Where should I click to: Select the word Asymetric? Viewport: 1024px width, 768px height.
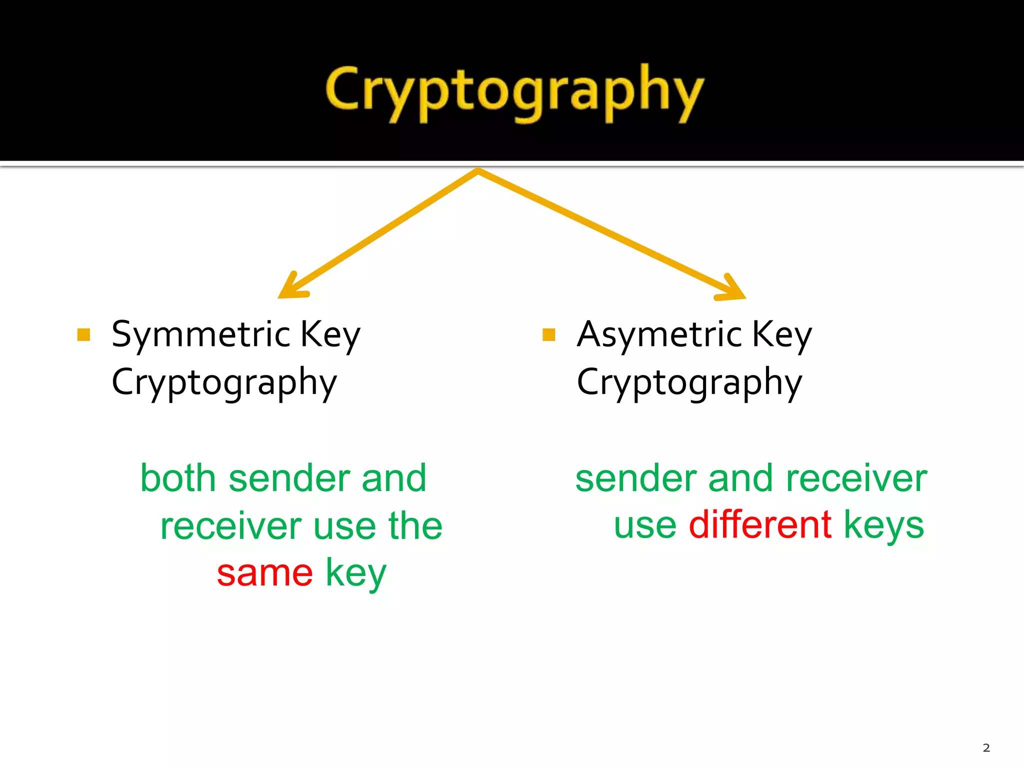tap(659, 334)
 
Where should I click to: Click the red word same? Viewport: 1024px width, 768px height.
tap(264, 573)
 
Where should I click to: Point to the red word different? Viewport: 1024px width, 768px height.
tap(760, 524)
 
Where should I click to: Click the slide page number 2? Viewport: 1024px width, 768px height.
tap(986, 748)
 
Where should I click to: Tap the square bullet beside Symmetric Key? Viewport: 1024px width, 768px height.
tap(83, 334)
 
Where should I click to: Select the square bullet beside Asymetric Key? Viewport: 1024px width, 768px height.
tap(548, 334)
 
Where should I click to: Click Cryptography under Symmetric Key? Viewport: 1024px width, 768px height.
tap(224, 382)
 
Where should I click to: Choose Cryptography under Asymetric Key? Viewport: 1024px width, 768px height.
tap(689, 382)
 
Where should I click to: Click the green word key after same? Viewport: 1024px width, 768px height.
tap(356, 574)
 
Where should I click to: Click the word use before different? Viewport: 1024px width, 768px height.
tap(645, 525)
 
